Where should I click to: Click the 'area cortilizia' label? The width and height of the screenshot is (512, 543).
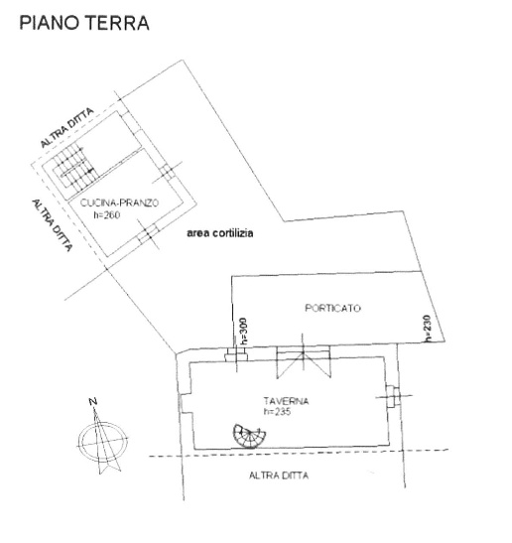(x=220, y=234)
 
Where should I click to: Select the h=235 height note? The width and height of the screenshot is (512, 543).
(x=279, y=412)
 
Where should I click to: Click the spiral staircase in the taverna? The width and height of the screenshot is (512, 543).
(x=248, y=434)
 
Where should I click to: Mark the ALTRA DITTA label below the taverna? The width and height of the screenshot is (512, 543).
(x=280, y=476)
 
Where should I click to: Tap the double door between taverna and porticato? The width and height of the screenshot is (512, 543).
(x=302, y=355)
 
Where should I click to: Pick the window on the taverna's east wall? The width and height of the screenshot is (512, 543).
(x=395, y=397)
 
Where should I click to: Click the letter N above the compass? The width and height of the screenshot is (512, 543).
(x=92, y=401)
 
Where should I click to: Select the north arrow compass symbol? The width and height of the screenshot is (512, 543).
(x=100, y=438)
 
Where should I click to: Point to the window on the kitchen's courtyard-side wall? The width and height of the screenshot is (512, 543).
(x=147, y=233)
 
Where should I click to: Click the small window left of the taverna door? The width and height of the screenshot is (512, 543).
(x=234, y=355)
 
